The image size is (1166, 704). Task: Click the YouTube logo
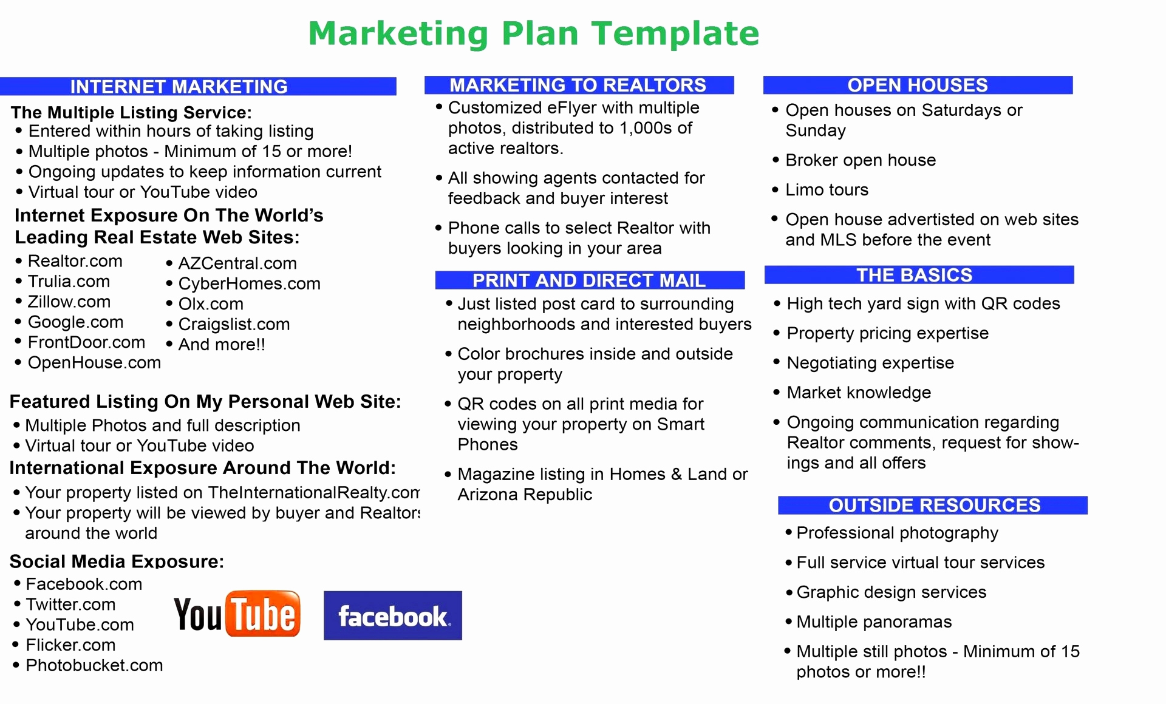click(237, 614)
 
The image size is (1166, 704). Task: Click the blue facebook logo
click(393, 615)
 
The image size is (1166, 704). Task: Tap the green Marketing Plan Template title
click(534, 33)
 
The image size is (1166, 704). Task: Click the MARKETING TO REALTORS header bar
click(579, 85)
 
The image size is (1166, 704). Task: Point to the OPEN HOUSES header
click(918, 85)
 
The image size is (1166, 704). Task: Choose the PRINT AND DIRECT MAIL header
click(590, 280)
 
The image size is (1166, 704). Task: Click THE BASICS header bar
click(919, 275)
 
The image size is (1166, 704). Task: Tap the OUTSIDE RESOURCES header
click(933, 505)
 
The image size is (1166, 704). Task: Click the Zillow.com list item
click(69, 302)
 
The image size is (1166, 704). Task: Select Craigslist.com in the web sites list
click(234, 324)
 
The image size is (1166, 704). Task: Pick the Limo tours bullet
click(827, 190)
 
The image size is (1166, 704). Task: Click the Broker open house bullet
click(861, 160)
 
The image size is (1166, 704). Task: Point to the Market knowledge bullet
click(859, 393)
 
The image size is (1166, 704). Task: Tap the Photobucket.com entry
click(94, 665)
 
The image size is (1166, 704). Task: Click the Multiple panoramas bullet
click(874, 622)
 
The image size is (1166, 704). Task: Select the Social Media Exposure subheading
click(117, 561)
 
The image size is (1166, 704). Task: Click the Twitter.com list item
click(70, 604)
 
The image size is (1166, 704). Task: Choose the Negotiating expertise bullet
click(870, 363)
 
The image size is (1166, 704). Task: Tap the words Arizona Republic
click(525, 495)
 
